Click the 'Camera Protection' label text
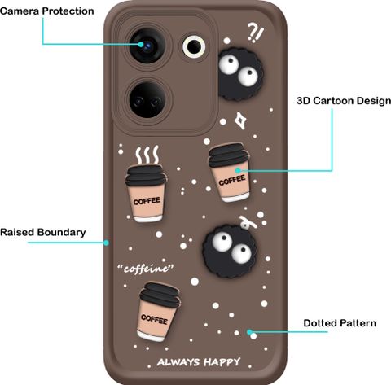(x=47, y=11)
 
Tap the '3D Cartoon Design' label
(x=344, y=101)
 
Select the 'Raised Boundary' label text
(x=43, y=232)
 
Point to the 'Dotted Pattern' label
(x=340, y=323)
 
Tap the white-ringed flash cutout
(x=194, y=46)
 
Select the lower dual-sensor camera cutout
(x=147, y=100)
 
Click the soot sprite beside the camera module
(x=240, y=74)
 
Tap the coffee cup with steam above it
(x=147, y=194)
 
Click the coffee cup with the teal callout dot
(x=230, y=173)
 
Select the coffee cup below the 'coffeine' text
(x=158, y=312)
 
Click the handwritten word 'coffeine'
(x=146, y=269)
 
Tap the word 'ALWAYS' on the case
(x=178, y=362)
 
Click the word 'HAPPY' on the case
(x=222, y=362)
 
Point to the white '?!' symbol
(x=256, y=33)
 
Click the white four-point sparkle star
(x=240, y=120)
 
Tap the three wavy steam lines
(x=147, y=155)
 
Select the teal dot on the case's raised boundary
(x=107, y=243)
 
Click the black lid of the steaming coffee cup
(x=146, y=176)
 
